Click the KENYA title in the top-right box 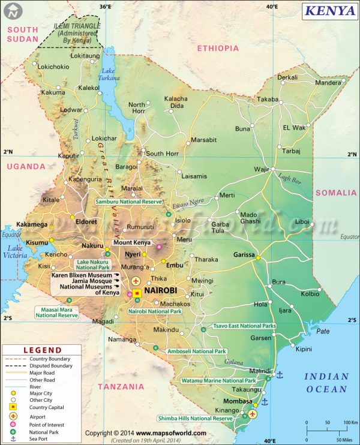point(329,10)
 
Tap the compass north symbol point(11,10)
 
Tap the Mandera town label point(327,83)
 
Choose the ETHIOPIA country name point(218,49)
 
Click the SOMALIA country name point(336,193)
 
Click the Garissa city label point(245,254)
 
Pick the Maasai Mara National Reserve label point(56,312)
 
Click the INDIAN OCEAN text point(326,383)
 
